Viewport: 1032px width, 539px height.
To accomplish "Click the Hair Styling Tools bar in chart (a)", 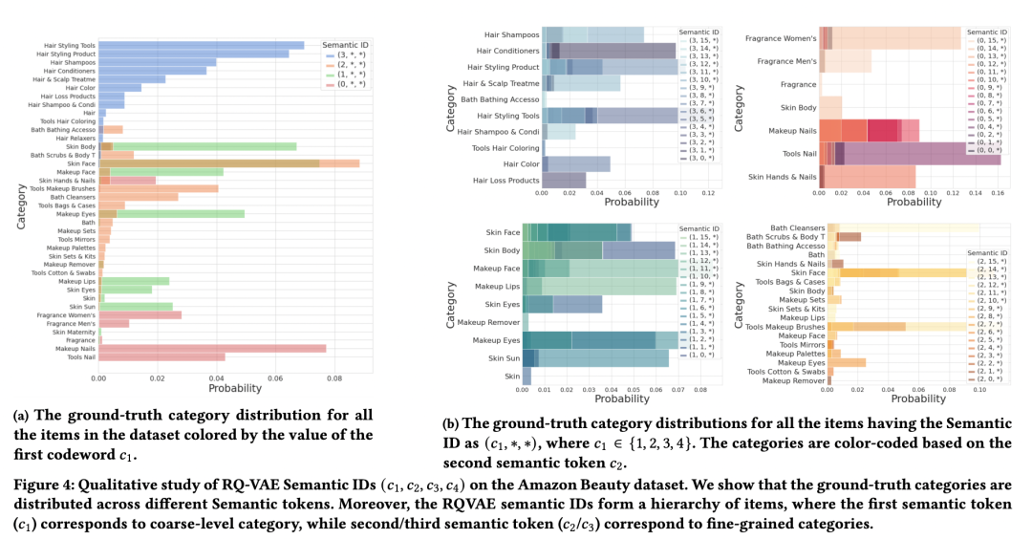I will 201,45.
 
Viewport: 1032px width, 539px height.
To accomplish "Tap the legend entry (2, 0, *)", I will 990,377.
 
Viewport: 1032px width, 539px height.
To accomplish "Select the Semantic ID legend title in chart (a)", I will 347,45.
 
